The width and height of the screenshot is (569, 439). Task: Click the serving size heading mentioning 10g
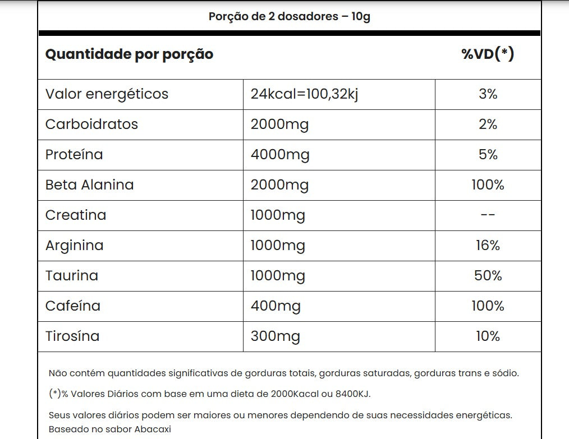pos(289,16)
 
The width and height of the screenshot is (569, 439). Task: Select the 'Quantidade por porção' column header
pos(129,54)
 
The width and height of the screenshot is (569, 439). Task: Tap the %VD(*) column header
pos(488,54)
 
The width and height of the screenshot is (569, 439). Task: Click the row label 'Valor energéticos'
pos(107,94)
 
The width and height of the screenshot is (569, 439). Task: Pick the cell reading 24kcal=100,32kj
pos(304,94)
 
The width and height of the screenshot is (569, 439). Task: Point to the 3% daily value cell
pos(488,94)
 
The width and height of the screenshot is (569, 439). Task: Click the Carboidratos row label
pos(91,124)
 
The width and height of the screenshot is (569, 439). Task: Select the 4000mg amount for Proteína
pos(280,154)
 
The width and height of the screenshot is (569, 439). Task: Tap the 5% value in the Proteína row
pos(488,154)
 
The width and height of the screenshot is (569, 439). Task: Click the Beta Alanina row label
pos(89,184)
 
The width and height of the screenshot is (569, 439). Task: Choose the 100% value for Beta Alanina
pos(488,184)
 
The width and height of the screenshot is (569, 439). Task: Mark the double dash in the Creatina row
pos(488,215)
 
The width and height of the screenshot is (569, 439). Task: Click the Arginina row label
pos(74,245)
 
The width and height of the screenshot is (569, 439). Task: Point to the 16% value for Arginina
pos(488,245)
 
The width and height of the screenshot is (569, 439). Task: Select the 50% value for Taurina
pos(488,275)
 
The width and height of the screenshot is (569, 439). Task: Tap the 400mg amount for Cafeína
pos(276,306)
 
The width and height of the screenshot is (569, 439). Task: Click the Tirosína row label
pos(72,336)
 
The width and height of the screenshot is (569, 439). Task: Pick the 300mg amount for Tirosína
pos(275,336)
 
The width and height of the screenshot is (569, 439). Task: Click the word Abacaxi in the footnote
pos(152,429)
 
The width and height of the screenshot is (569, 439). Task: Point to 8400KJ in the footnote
pos(354,394)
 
